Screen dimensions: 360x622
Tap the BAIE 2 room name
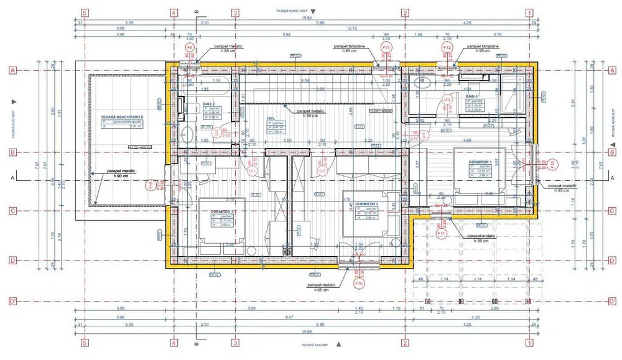pyautogui.click(x=209, y=104)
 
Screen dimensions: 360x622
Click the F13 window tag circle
pyautogui.click(x=386, y=47)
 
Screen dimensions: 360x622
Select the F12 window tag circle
pyautogui.click(x=447, y=47)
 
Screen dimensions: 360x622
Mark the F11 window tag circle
pyautogui.click(x=441, y=234)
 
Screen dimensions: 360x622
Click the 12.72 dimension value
pyautogui.click(x=352, y=29)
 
